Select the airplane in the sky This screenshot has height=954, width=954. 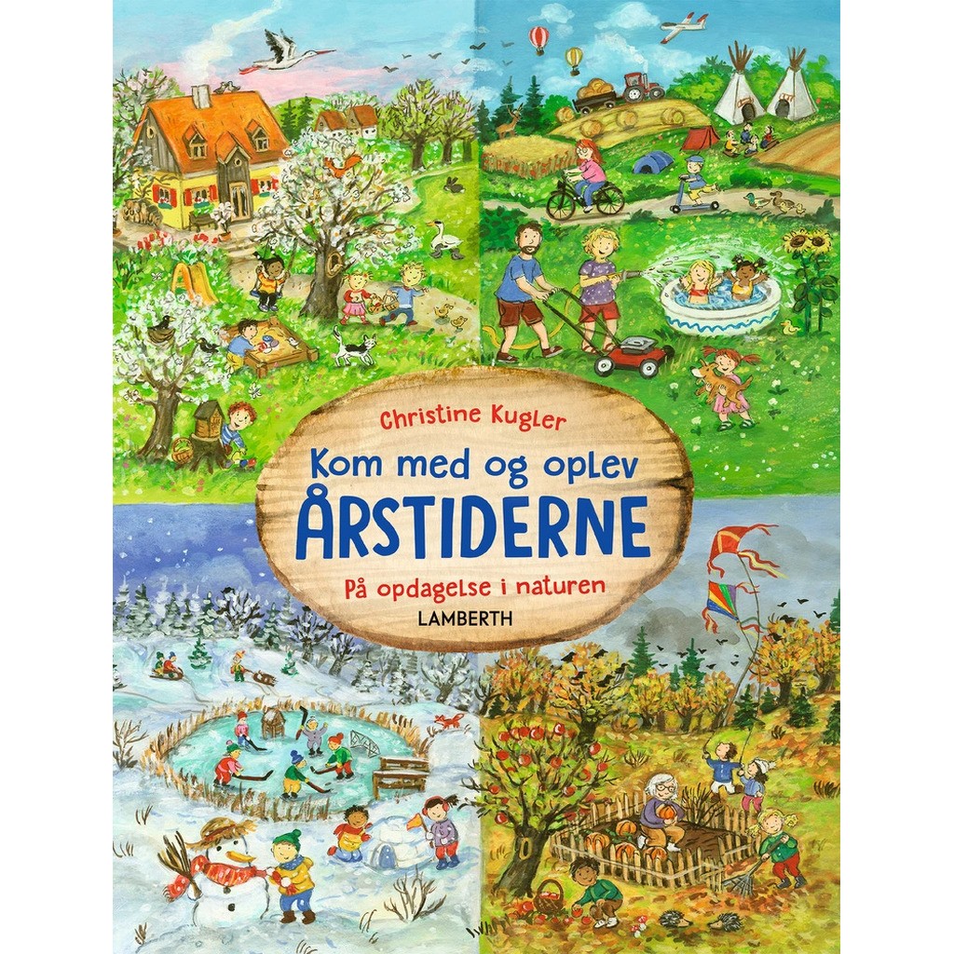pos(683,28)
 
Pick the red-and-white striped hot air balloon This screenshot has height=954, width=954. pos(538,38)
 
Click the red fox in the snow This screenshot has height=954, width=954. pos(450,720)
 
